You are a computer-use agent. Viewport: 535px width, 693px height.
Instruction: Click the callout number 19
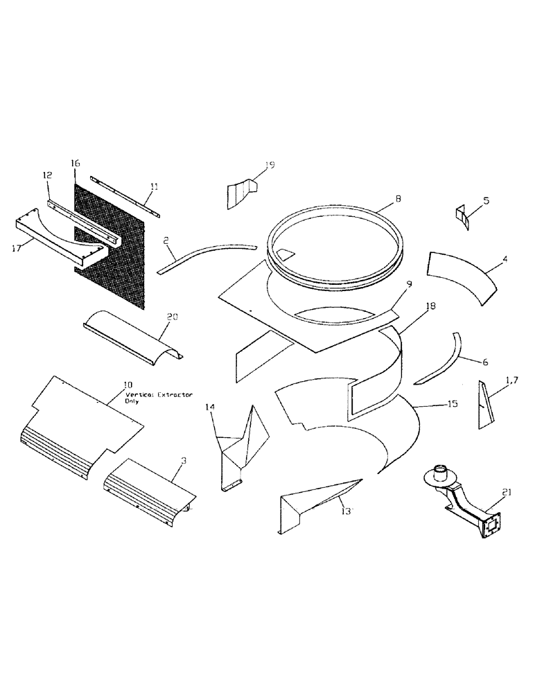[270, 165]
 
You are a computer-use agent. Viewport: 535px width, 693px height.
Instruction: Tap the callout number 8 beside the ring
[398, 198]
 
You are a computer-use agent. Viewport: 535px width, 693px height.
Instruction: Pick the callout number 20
[173, 316]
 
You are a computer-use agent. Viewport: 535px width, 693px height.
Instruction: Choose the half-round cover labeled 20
[132, 337]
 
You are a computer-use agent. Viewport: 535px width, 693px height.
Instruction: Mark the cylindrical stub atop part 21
[440, 473]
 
